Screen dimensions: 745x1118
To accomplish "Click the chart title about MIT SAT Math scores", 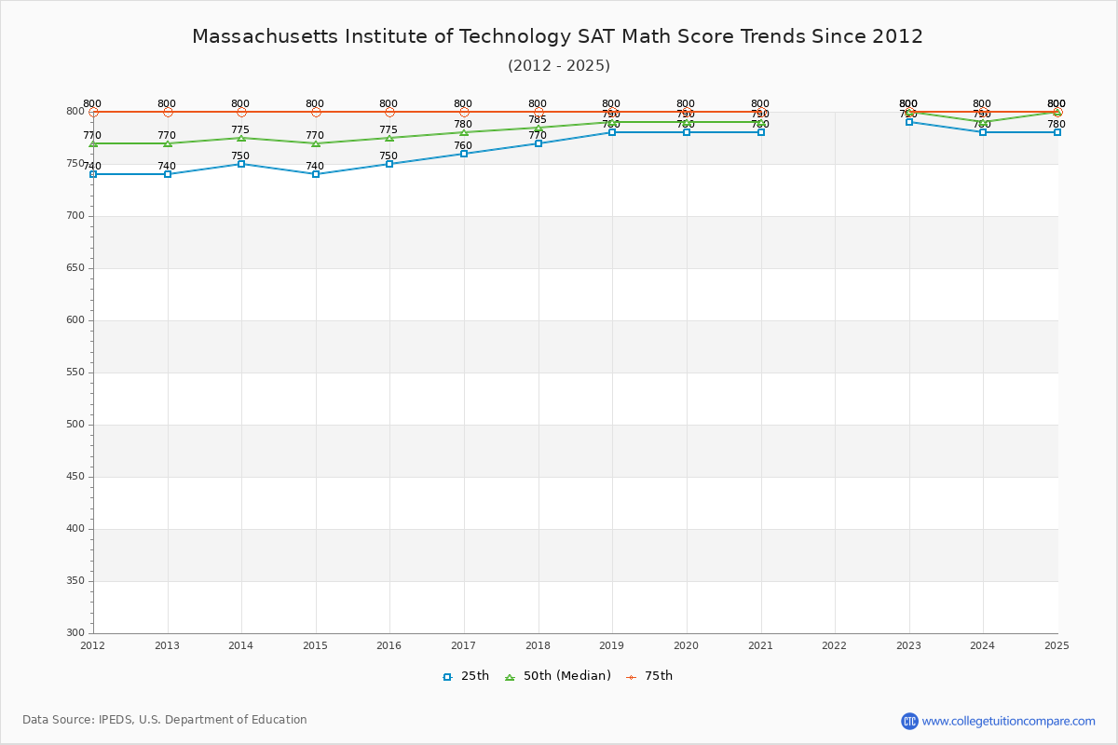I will click(x=557, y=36).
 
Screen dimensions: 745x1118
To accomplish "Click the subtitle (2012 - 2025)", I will click(x=558, y=65).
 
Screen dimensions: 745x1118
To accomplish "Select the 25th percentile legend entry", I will click(x=466, y=676).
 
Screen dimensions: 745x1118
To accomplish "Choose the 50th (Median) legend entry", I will click(x=558, y=676).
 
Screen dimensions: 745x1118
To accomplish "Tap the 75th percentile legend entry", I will click(x=649, y=676).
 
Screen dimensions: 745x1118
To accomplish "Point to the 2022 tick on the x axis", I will click(x=835, y=645).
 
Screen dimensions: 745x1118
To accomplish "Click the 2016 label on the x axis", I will click(x=389, y=645).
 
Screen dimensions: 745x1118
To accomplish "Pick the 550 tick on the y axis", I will click(x=75, y=372).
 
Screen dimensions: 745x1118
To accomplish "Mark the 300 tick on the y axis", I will click(x=75, y=633).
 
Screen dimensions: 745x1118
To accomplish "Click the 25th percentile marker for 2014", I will click(x=241, y=164).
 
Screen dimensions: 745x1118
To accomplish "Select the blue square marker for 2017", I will click(x=464, y=154).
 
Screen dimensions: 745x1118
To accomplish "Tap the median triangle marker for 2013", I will click(x=168, y=143).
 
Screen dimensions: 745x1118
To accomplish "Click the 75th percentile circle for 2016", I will click(x=389, y=112).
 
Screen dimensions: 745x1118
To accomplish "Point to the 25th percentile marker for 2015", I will click(x=316, y=174).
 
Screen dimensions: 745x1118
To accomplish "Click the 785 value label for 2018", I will click(x=538, y=120).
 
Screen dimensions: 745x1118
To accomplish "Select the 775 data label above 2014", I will click(x=240, y=130).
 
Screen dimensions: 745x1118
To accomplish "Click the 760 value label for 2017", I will click(x=463, y=146).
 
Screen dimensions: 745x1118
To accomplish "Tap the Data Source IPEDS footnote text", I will click(x=165, y=720).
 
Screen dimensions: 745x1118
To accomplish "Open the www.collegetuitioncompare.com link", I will click(x=1008, y=721).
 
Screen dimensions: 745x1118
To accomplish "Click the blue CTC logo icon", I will click(x=909, y=721).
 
